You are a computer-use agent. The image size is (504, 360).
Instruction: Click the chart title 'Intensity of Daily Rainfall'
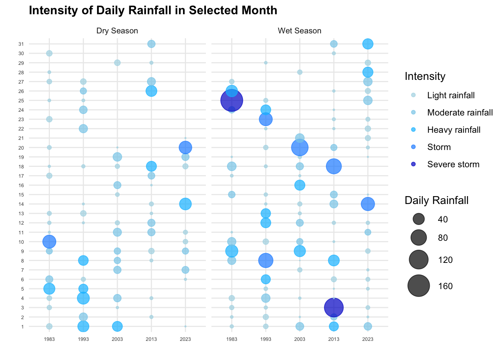tap(153, 10)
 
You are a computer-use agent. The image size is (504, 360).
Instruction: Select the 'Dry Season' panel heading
tap(117, 31)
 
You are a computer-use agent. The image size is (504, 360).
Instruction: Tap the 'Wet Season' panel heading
tap(299, 31)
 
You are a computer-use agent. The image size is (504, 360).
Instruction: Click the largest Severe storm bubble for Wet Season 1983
tap(232, 100)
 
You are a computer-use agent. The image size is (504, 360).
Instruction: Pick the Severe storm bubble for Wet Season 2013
tap(334, 307)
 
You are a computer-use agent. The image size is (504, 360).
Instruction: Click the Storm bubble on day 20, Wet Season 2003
tap(300, 147)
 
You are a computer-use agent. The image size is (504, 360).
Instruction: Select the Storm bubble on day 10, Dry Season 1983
tap(49, 241)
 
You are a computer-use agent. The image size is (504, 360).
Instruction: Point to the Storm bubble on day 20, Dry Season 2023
tap(185, 147)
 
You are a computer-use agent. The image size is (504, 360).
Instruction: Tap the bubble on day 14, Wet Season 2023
tap(368, 204)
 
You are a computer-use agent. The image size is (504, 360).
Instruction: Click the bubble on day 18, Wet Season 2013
tap(334, 166)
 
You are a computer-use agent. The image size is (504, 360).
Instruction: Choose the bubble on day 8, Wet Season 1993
tap(265, 260)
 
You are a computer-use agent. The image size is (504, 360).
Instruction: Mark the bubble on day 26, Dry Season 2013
tap(151, 91)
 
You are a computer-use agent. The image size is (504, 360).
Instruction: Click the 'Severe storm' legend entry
tap(453, 164)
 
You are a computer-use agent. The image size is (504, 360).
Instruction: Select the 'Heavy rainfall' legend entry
tap(454, 130)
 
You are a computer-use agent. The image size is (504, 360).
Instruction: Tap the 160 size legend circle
tap(418, 286)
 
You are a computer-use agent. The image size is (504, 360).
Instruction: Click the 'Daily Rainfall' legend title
tap(436, 200)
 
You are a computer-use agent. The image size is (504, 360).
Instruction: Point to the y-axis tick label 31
tap(21, 44)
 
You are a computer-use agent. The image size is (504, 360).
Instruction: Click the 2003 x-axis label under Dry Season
tap(117, 339)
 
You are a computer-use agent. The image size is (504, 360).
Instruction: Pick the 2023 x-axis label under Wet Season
tap(368, 339)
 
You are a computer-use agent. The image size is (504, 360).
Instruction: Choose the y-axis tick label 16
tap(21, 185)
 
